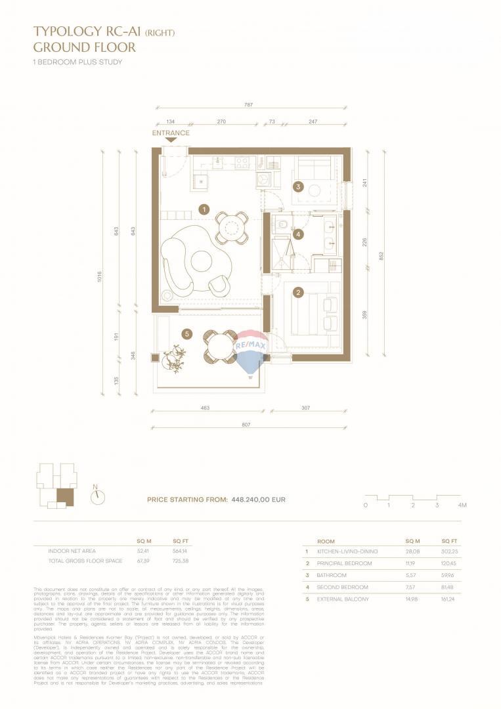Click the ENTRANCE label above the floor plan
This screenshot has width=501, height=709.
click(x=171, y=133)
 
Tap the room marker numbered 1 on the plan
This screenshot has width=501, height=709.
click(x=204, y=209)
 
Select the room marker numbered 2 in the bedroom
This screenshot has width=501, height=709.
click(x=298, y=292)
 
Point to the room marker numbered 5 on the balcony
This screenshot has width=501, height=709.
click(x=187, y=334)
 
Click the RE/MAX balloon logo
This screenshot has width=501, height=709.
click(x=250, y=351)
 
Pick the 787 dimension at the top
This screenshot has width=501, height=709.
click(x=249, y=105)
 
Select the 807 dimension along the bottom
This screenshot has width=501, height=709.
click(x=246, y=425)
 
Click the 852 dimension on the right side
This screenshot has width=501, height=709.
click(x=380, y=255)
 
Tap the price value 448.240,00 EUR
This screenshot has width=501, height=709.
click(x=258, y=500)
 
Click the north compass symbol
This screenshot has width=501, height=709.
click(x=98, y=497)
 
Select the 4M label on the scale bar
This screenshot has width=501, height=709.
click(x=462, y=505)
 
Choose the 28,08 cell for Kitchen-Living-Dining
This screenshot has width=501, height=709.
click(x=412, y=551)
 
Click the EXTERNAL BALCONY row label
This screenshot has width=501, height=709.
click(x=344, y=599)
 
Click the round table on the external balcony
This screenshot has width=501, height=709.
click(x=220, y=347)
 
